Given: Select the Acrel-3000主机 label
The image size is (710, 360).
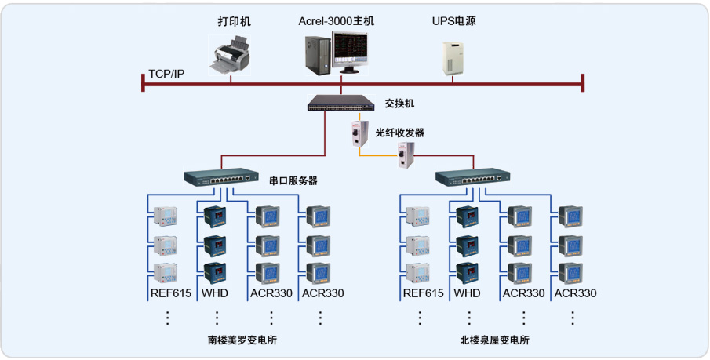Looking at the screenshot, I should pos(337,21).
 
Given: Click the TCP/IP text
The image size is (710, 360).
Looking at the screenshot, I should pos(166,74).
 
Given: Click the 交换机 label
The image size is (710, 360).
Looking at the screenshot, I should pos(399,104).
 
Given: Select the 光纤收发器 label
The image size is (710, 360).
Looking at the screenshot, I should pos(400,133).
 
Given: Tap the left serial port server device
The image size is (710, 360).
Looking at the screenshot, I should pos(220,177).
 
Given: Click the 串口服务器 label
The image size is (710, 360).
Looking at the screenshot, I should pos(293,180).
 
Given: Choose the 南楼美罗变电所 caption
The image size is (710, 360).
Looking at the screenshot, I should pos(242,340).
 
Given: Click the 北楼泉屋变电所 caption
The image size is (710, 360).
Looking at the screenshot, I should pos(495,340).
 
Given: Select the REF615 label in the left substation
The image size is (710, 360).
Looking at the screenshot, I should pos(170,293).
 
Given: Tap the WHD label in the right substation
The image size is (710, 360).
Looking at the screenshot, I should pos(467,293).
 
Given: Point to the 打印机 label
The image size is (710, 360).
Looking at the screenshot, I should pos(235,21).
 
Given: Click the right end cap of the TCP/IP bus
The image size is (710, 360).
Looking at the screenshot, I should pos(583,82).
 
